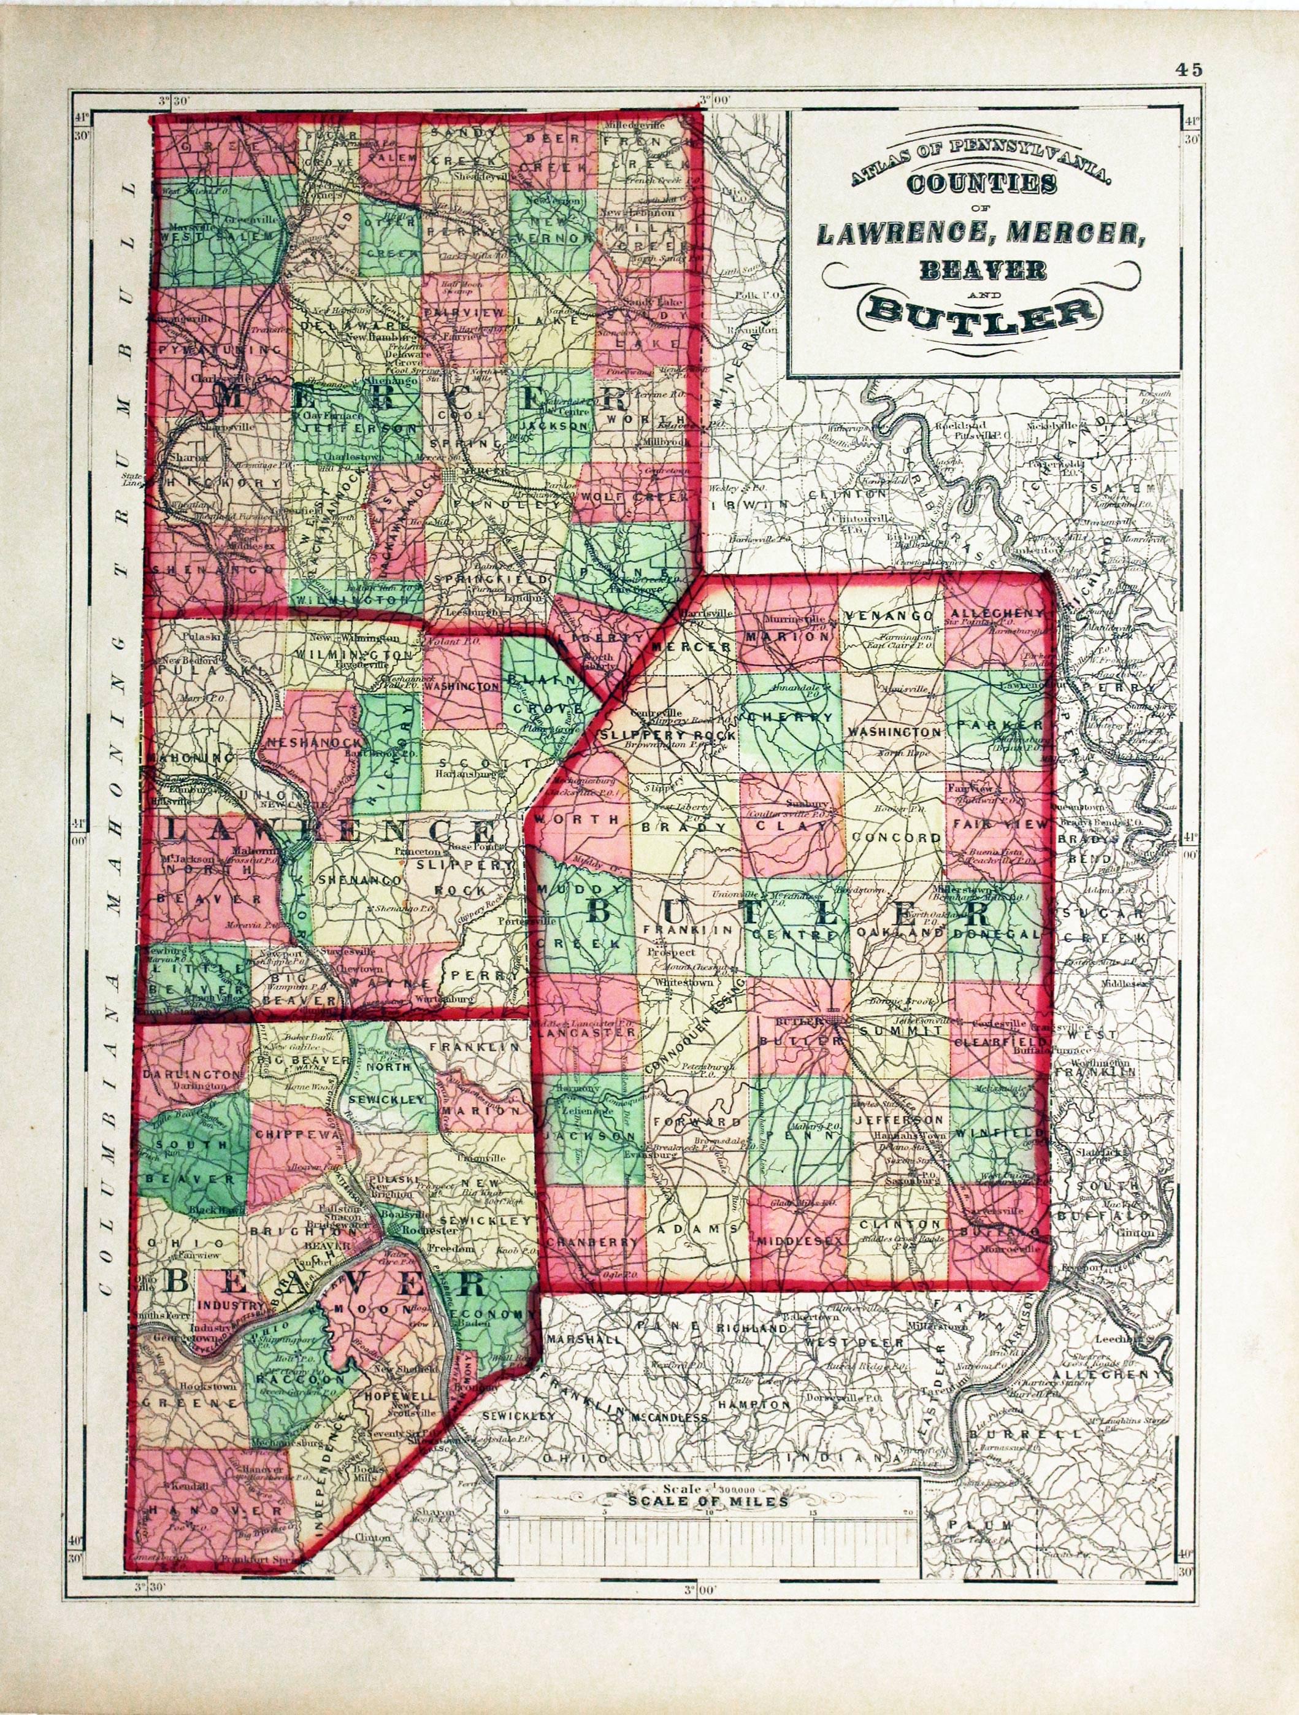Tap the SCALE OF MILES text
[x=708, y=1502]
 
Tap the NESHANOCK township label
[x=305, y=742]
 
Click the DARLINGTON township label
[x=192, y=1075]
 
